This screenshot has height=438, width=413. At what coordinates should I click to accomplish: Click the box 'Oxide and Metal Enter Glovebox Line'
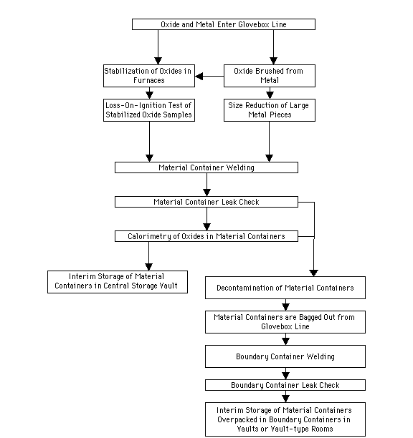pyautogui.click(x=224, y=24)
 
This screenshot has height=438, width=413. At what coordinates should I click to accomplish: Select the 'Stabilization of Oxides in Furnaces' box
pyautogui.click(x=149, y=76)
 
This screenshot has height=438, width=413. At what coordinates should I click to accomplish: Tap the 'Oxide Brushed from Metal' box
pyautogui.click(x=270, y=76)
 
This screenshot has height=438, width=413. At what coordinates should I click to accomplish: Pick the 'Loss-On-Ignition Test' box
pyautogui.click(x=149, y=110)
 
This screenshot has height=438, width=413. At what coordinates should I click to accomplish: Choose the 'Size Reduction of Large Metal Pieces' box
pyautogui.click(x=270, y=110)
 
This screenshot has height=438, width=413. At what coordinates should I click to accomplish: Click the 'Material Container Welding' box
pyautogui.click(x=206, y=167)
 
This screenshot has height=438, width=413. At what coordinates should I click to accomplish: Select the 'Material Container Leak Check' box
pyautogui.click(x=206, y=202)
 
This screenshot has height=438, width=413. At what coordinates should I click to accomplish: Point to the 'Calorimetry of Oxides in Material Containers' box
pyautogui.click(x=206, y=236)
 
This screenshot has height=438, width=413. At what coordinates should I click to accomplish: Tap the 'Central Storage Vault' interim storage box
pyautogui.click(x=118, y=282)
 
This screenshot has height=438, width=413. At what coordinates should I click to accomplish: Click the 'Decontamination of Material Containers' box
pyautogui.click(x=285, y=288)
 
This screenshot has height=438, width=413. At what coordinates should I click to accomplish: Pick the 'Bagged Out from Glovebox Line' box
pyautogui.click(x=285, y=322)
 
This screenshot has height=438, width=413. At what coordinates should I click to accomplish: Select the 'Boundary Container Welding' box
pyautogui.click(x=285, y=356)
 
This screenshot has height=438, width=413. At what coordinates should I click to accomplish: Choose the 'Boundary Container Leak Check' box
pyautogui.click(x=285, y=385)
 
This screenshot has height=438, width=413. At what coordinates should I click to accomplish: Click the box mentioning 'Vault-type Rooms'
pyautogui.click(x=285, y=419)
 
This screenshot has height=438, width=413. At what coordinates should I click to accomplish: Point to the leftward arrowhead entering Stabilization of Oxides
pyautogui.click(x=199, y=76)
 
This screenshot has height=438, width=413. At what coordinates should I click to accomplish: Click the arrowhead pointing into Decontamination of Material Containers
pyautogui.click(x=313, y=273)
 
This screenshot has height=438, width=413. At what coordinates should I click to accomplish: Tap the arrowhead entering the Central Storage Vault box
pyautogui.click(x=149, y=267)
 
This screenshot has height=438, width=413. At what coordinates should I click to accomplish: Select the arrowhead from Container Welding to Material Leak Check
pyautogui.click(x=206, y=193)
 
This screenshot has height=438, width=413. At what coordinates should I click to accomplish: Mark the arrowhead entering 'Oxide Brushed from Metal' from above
pyautogui.click(x=273, y=61)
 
